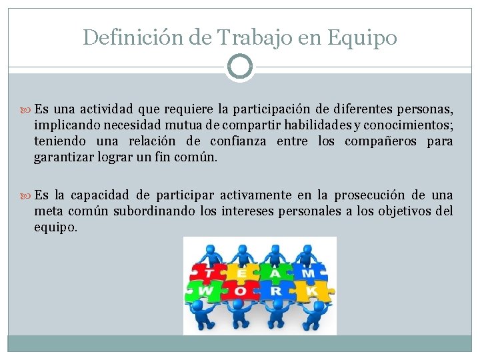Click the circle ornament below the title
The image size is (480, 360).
[x=240, y=67]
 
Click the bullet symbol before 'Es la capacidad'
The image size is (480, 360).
[x=28, y=196]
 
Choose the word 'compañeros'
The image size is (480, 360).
[x=379, y=141]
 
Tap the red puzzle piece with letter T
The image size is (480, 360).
[x=207, y=273]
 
